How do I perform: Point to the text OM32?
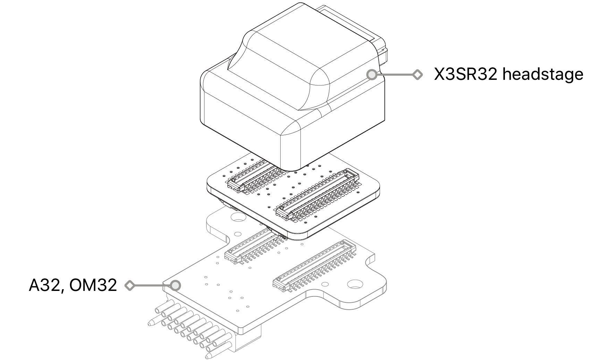pyautogui.click(x=93, y=285)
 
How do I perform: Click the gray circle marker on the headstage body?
pyautogui.click(x=372, y=75)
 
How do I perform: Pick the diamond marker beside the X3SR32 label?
pyautogui.click(x=417, y=75)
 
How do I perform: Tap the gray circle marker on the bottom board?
pyautogui.click(x=176, y=285)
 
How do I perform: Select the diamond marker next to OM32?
pyautogui.click(x=130, y=285)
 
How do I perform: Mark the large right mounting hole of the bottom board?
pyautogui.click(x=354, y=284)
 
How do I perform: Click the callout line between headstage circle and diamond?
pyautogui.click(x=395, y=75)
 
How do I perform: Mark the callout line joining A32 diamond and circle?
pyautogui.click(x=153, y=285)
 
